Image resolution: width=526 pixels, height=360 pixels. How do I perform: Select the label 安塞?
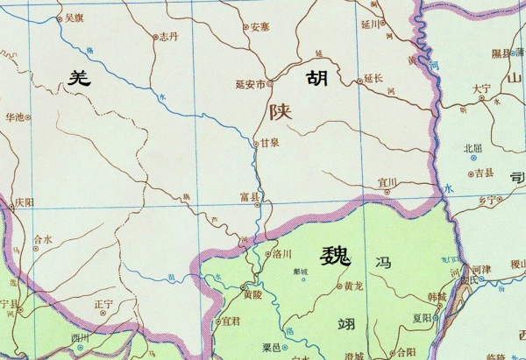coord(259,27)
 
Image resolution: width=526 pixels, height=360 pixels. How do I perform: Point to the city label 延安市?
coord(250,85)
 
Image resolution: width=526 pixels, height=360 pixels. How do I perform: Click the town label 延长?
coord(374,78)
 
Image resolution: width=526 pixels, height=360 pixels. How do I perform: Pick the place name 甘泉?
coord(268,142)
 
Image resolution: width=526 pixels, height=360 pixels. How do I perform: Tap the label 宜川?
coord(387,182)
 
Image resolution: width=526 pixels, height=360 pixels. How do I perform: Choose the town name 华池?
coord(15,116)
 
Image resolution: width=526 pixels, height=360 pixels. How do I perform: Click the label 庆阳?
coord(25,202)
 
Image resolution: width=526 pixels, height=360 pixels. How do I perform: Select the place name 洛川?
coord(281,254)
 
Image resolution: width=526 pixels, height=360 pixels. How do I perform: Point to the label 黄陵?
coord(252,295)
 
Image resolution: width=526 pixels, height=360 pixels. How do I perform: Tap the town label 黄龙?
coord(353,286)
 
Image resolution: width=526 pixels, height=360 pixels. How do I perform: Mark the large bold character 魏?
coord(335,257)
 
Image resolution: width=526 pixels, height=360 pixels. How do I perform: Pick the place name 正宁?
coord(104,304)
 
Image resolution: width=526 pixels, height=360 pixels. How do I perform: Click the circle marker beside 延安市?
coord(271,84)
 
